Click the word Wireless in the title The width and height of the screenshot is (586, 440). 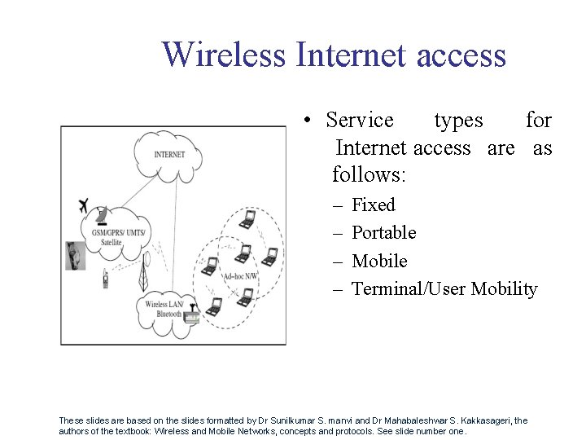[x=224, y=55]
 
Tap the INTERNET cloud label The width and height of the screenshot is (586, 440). [x=169, y=154]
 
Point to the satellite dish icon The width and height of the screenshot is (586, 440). [x=100, y=217]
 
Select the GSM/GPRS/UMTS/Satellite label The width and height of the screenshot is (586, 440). [x=117, y=237]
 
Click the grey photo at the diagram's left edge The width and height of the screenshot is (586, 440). [x=76, y=256]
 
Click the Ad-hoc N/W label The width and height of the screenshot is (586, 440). [x=240, y=276]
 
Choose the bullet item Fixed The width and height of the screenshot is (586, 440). [x=373, y=205]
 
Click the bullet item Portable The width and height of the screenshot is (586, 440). [x=383, y=233]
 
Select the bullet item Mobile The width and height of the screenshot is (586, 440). [x=379, y=261]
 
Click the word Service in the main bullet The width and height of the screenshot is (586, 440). [x=360, y=121]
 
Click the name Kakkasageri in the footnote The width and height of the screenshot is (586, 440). [x=485, y=420]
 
